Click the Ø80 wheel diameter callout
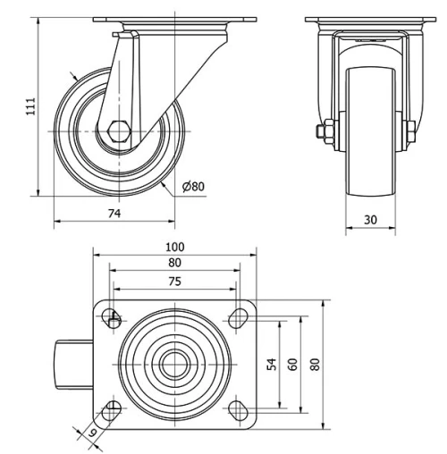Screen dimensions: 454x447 tap(193, 187)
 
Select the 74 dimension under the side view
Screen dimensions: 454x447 tap(114, 214)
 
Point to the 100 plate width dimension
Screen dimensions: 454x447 tap(174, 248)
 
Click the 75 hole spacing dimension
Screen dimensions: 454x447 tap(174, 281)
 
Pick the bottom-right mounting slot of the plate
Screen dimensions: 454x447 tap(237, 409)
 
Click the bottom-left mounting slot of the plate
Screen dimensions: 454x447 tap(113, 409)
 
